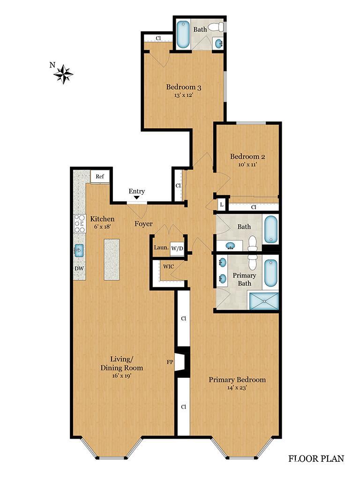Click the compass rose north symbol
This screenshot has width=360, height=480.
(62, 73)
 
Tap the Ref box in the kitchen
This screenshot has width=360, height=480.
(99, 176)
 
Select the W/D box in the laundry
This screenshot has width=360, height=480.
(177, 248)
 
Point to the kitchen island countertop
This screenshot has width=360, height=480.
(112, 259)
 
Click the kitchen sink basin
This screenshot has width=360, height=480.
(79, 250)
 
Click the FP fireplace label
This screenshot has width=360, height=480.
(170, 362)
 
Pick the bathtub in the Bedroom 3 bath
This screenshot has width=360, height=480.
(183, 34)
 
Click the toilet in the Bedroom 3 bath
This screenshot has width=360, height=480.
(216, 27)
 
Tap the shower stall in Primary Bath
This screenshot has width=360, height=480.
(263, 300)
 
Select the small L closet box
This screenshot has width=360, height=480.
(221, 205)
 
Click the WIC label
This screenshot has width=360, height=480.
(169, 267)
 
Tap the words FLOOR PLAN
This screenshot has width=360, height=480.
(315, 458)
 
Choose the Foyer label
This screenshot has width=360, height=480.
(143, 224)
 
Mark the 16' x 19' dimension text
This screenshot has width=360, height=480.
(121, 376)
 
